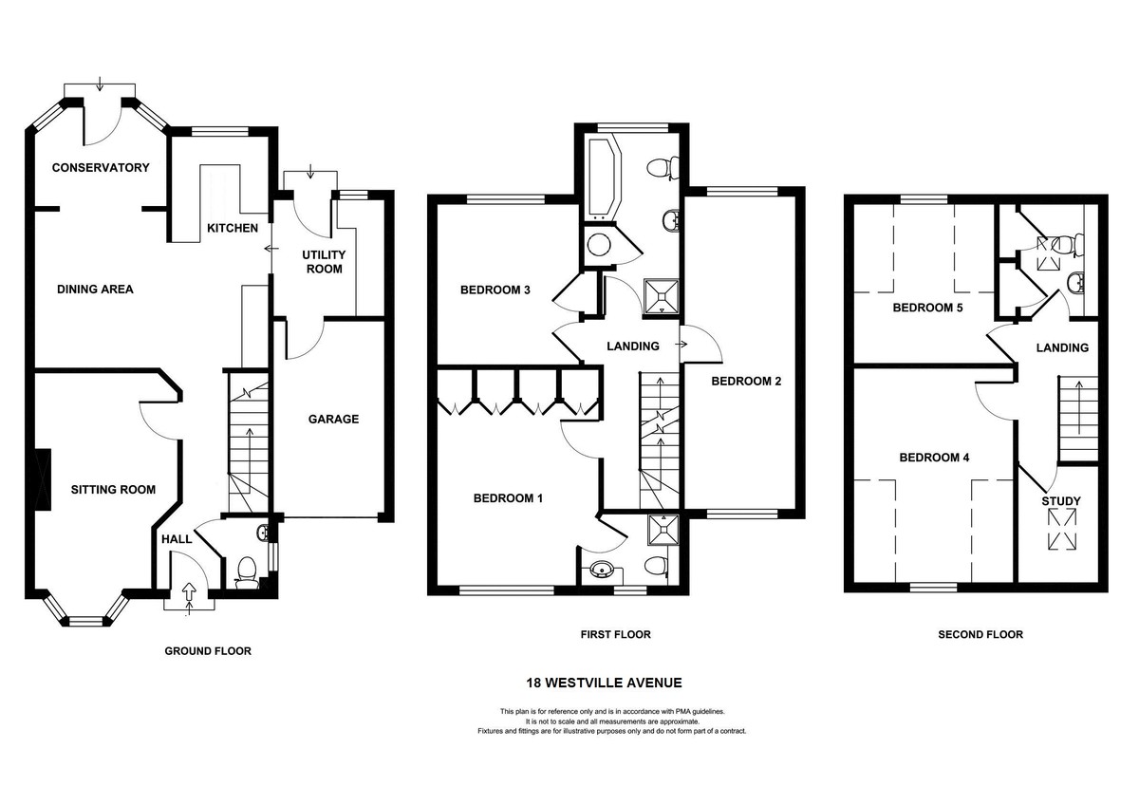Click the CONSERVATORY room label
[x=101, y=167]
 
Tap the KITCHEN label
[x=233, y=228]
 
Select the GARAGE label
[x=333, y=419]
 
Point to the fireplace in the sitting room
[x=43, y=478]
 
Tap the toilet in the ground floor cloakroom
[x=247, y=573]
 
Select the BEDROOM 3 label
[x=495, y=290]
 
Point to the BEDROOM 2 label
[x=746, y=381]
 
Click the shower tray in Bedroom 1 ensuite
[x=663, y=530]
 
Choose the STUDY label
[x=1061, y=501]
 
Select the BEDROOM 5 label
[x=928, y=308]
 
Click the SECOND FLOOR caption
[x=980, y=634]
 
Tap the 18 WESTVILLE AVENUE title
[x=604, y=683]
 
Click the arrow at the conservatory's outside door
[x=100, y=84]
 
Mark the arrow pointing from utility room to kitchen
[x=272, y=249]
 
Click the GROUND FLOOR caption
[x=208, y=651]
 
